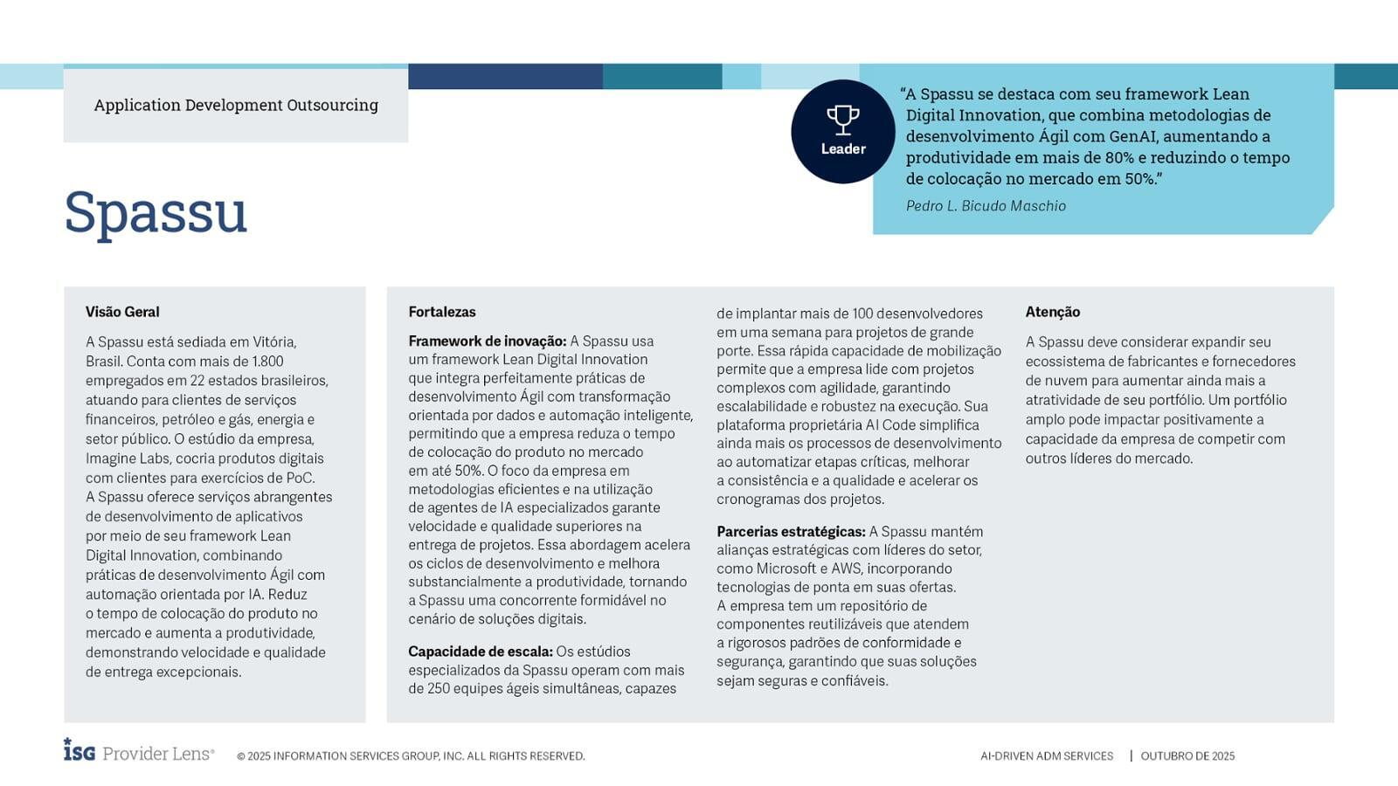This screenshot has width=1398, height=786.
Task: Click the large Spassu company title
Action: [156, 212]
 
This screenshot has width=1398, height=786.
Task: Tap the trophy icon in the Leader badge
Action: [842, 120]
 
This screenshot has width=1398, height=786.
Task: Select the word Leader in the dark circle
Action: [843, 149]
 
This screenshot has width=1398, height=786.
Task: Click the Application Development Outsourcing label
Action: [236, 105]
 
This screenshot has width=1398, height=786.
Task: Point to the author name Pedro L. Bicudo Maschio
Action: [986, 206]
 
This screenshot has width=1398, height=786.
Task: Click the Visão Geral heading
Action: [122, 312]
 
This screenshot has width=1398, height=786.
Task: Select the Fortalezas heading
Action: [442, 312]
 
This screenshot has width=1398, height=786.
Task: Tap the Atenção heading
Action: [1053, 312]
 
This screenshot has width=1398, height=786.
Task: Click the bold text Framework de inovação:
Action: [488, 341]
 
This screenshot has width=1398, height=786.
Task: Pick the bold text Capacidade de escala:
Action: [481, 652]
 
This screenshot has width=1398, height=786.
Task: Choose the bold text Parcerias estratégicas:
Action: [791, 532]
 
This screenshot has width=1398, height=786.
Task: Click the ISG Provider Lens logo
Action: [138, 752]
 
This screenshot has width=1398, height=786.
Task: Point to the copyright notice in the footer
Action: [411, 756]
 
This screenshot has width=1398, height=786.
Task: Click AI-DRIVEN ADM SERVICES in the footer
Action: [1047, 756]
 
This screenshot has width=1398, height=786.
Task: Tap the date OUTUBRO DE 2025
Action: [1187, 756]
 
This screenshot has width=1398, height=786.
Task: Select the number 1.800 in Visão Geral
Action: [267, 362]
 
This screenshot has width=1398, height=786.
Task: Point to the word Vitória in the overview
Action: [274, 342]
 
